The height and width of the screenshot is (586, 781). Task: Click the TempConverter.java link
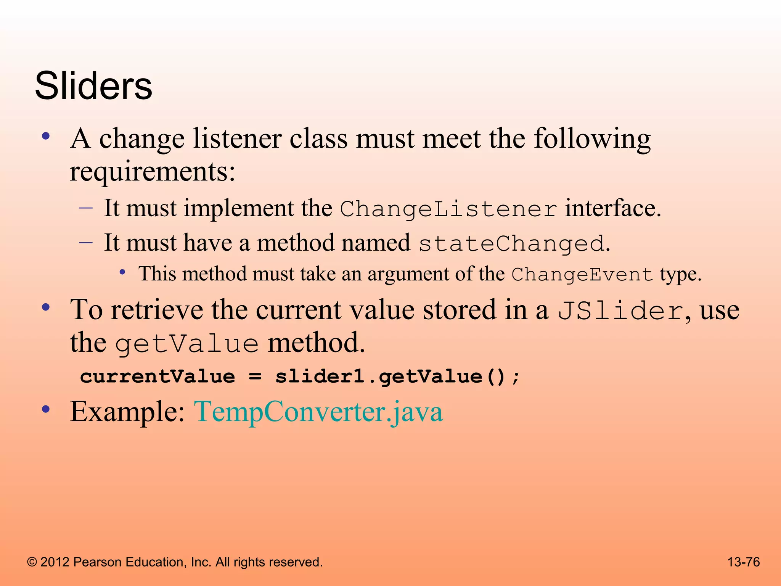318,412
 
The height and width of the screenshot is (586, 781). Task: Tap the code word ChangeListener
448,209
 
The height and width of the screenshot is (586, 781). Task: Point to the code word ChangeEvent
582,275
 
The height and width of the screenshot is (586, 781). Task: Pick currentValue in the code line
157,377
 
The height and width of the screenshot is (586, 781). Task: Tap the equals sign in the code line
255,377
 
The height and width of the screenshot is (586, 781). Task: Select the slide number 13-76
744,562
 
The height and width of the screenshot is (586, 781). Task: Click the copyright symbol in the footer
32,562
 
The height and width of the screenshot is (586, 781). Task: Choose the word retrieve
157,310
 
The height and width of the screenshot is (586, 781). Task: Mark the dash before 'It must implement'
86,208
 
